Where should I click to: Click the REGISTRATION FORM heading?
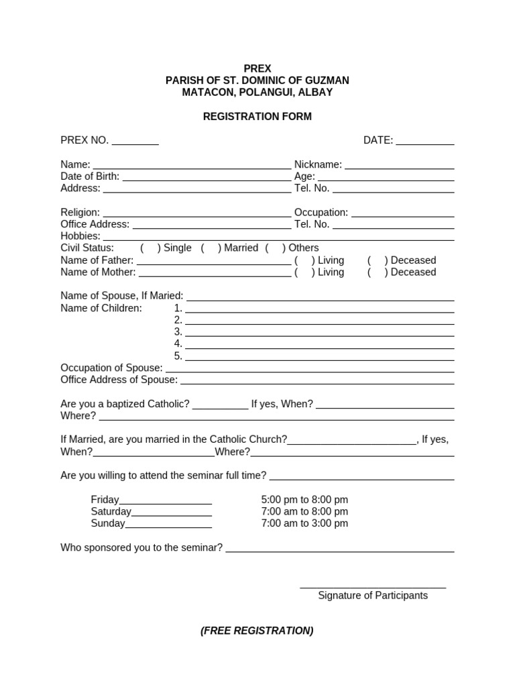click(257, 117)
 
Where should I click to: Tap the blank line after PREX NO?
click(135, 143)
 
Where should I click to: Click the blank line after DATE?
click(425, 143)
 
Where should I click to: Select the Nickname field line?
click(400, 167)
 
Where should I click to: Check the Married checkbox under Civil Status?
click(211, 248)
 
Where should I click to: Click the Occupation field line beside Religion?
click(402, 215)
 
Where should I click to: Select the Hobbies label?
click(80, 236)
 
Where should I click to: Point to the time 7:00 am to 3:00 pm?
click(304, 523)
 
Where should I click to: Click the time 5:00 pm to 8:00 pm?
click(304, 500)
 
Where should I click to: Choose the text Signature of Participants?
click(373, 596)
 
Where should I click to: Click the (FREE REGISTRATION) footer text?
click(257, 631)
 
